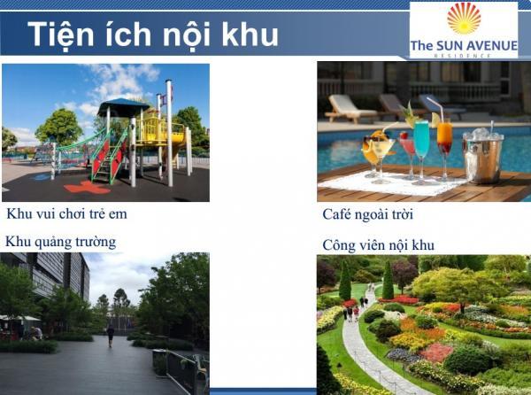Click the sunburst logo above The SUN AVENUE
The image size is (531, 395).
464,19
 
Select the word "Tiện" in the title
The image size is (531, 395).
60,35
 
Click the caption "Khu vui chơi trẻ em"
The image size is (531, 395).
66,213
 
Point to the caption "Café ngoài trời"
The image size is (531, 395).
368,214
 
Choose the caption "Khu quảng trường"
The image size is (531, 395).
60,242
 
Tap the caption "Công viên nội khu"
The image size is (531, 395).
378,244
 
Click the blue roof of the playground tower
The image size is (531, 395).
123,106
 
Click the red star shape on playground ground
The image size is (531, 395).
87,188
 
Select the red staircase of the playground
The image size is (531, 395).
109,159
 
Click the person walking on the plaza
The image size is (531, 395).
111,336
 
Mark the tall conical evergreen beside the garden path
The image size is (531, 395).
388,280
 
